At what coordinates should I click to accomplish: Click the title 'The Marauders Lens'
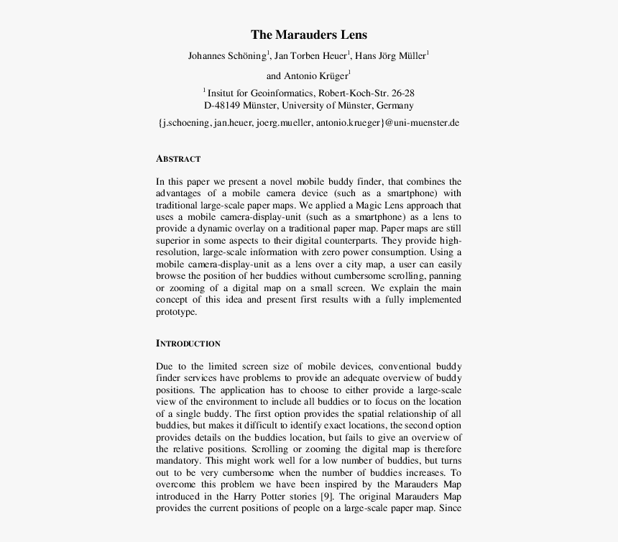pos(308,35)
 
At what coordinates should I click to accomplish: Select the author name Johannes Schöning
pos(227,56)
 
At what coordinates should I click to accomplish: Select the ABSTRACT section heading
pos(178,159)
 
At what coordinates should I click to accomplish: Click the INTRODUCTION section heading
pos(188,344)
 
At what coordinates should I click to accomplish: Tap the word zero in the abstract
pos(347,252)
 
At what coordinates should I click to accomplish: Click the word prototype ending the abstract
pos(176,313)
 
